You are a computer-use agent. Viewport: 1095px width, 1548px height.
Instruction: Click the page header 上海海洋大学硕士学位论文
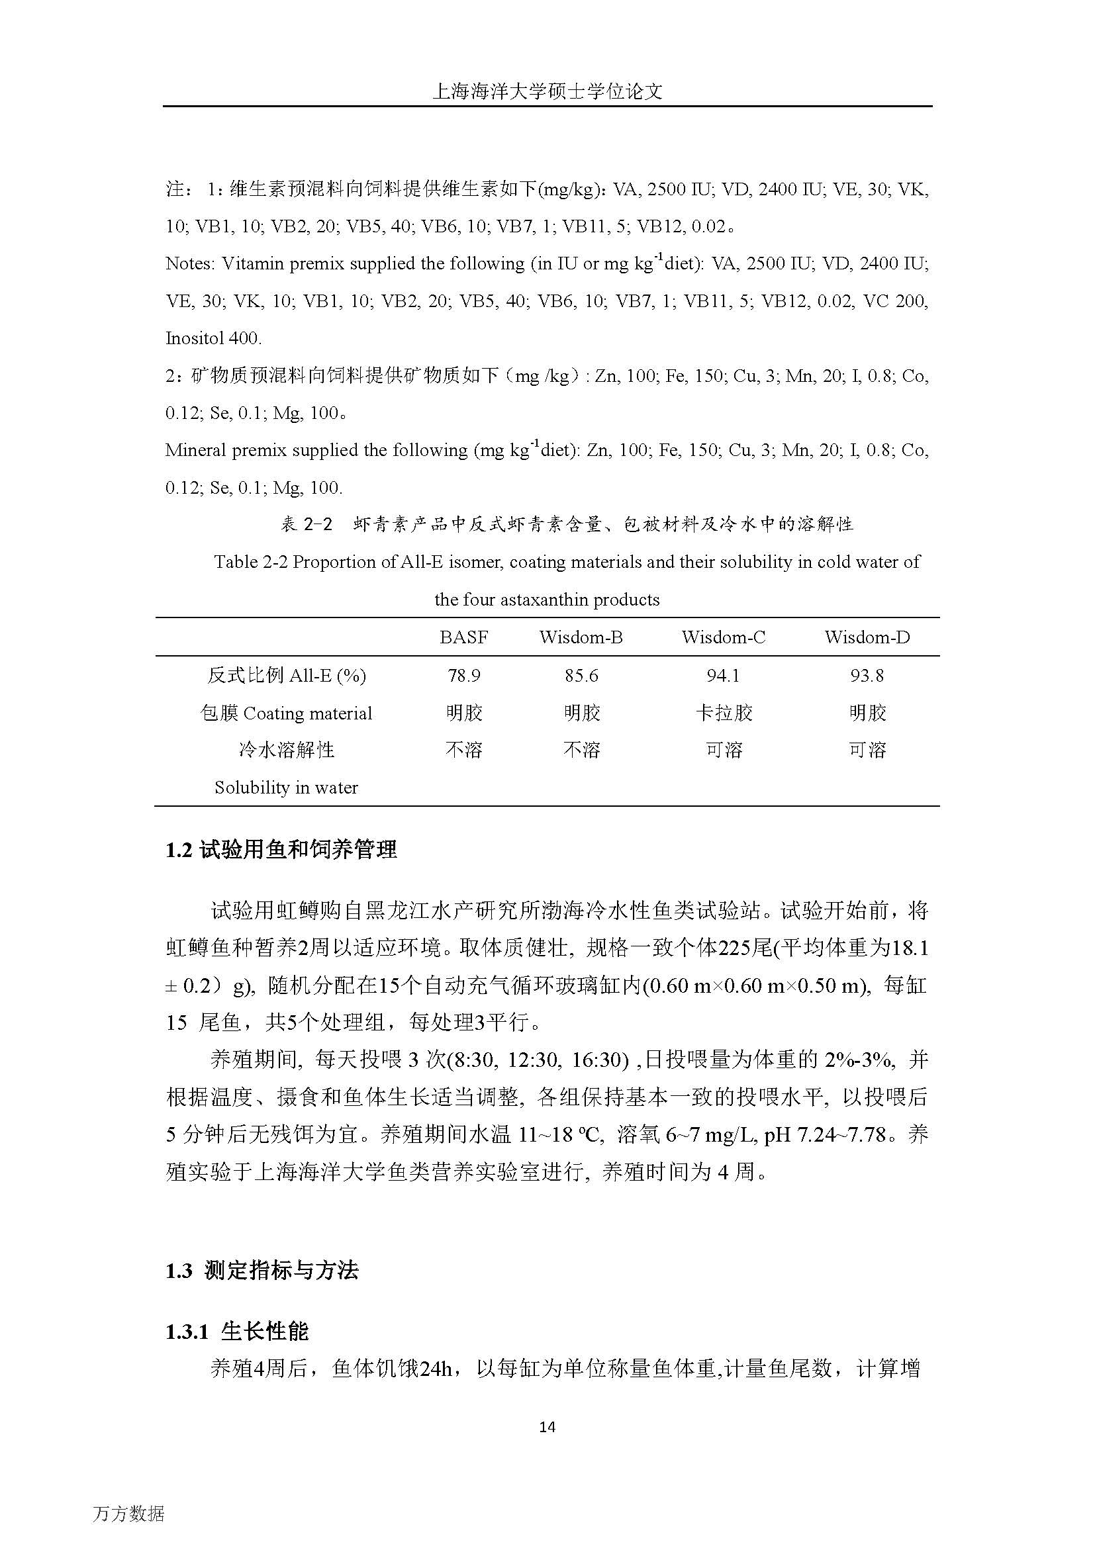[547, 92]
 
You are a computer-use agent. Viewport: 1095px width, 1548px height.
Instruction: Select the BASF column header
[463, 637]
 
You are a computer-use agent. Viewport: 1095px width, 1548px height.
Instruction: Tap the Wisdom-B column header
[581, 637]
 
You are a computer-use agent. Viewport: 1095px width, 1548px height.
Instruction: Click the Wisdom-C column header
[724, 637]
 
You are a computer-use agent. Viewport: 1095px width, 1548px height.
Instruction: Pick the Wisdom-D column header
[867, 637]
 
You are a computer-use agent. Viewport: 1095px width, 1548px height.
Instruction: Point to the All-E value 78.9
[464, 676]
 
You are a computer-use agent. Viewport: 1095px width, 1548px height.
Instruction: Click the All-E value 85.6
[581, 676]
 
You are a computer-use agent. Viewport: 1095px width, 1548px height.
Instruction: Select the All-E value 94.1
[724, 676]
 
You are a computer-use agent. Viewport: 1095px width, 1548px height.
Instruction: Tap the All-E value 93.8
[867, 676]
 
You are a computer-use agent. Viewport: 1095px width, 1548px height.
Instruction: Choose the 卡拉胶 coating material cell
[724, 713]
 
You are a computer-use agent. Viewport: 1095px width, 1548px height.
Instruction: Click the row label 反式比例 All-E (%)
[287, 676]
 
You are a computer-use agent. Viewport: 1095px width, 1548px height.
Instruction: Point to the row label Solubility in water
[286, 788]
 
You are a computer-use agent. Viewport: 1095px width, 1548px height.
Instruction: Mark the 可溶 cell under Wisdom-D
[867, 750]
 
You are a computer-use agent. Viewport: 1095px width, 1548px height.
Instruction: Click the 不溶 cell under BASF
[464, 750]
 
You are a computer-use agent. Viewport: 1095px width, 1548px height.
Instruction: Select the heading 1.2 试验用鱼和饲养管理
[281, 850]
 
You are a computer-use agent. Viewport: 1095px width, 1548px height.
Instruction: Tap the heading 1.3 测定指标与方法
[262, 1271]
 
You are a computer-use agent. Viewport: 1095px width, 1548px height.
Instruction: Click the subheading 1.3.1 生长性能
[238, 1332]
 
